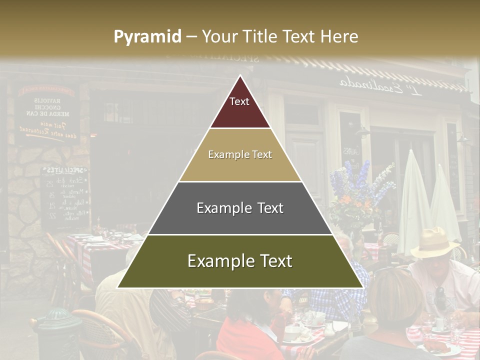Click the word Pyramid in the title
147,37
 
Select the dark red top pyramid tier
240,107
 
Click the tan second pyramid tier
240,155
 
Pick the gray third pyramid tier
240,208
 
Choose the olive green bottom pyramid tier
240,261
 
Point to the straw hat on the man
434,243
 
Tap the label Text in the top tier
239,101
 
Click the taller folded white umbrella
414,200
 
